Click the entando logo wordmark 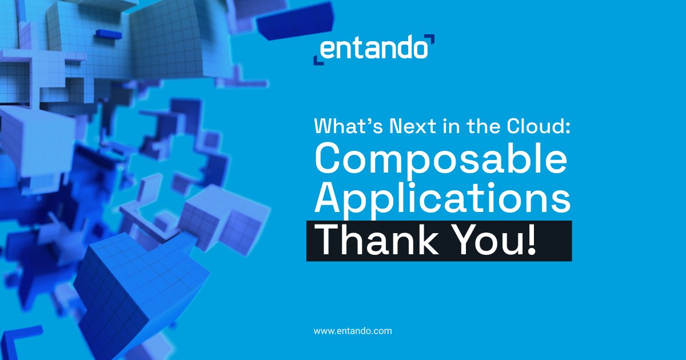pos(373,49)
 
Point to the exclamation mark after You pos(532,240)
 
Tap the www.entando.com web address pos(353,330)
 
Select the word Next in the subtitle pos(405,126)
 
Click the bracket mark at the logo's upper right pos(430,39)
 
